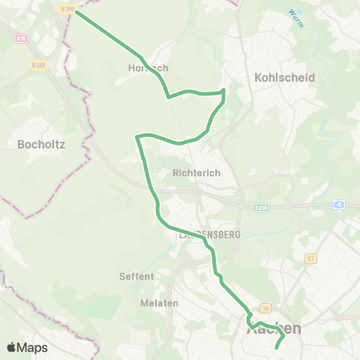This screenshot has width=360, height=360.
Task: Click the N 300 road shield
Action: (x=68, y=9)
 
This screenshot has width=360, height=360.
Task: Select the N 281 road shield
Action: (x=39, y=64)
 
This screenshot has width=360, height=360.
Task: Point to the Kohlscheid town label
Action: (x=284, y=77)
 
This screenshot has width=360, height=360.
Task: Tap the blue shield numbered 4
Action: (x=339, y=203)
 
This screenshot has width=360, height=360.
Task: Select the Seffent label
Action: (x=136, y=276)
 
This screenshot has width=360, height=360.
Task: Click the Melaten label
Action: (x=158, y=302)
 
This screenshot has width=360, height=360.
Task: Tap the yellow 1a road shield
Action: (x=265, y=307)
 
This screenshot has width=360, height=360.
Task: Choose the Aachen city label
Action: (x=274, y=328)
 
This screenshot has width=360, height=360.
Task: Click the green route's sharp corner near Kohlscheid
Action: (x=223, y=91)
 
